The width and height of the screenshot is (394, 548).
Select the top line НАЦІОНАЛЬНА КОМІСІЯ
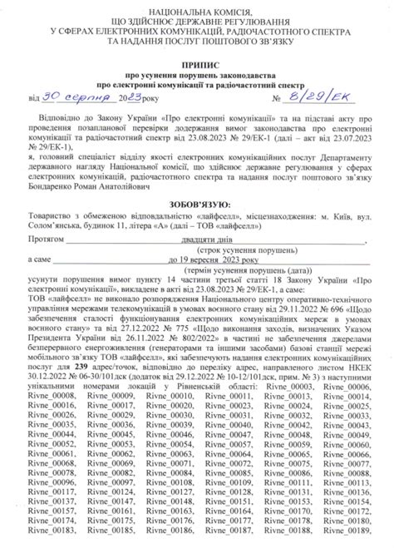(197, 6)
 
